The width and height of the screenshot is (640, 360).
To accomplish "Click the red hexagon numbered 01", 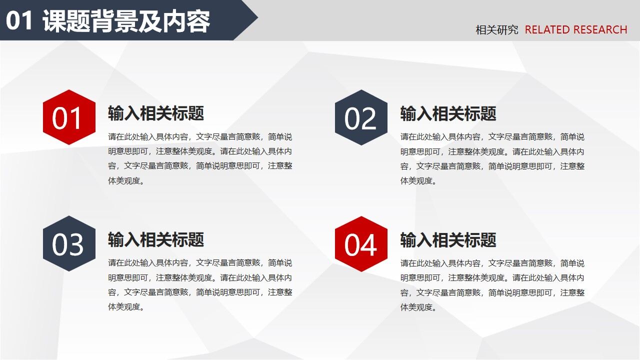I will (69, 117).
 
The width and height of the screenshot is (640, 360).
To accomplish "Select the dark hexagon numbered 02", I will (361, 118).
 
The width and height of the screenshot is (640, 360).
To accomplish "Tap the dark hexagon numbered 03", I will (69, 244).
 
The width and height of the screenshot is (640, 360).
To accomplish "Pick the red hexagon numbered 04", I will (361, 244).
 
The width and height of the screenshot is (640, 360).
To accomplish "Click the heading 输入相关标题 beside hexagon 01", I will (156, 113).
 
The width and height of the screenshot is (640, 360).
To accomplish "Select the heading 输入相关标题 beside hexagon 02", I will (448, 113).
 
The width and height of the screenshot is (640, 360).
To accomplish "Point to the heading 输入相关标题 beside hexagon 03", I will (156, 240).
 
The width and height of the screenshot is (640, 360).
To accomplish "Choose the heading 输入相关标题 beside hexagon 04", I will (448, 240).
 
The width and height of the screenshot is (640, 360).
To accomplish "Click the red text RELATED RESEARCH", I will (575, 30).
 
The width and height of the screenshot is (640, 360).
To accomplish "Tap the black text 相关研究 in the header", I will (496, 30).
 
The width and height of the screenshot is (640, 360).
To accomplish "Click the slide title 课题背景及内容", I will (126, 21).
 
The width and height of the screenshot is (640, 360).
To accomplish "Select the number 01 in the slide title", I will (19, 21).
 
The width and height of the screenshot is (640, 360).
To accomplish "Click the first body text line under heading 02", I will (492, 137).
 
